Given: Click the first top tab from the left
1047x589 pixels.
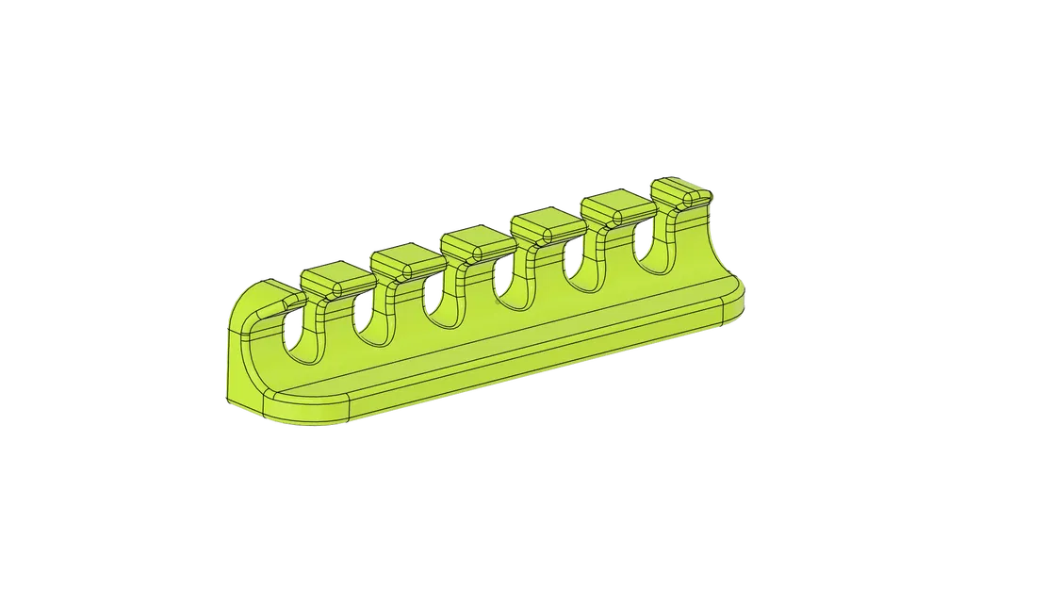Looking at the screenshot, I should (x=335, y=279).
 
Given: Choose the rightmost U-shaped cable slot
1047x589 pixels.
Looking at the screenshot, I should (x=644, y=247).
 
